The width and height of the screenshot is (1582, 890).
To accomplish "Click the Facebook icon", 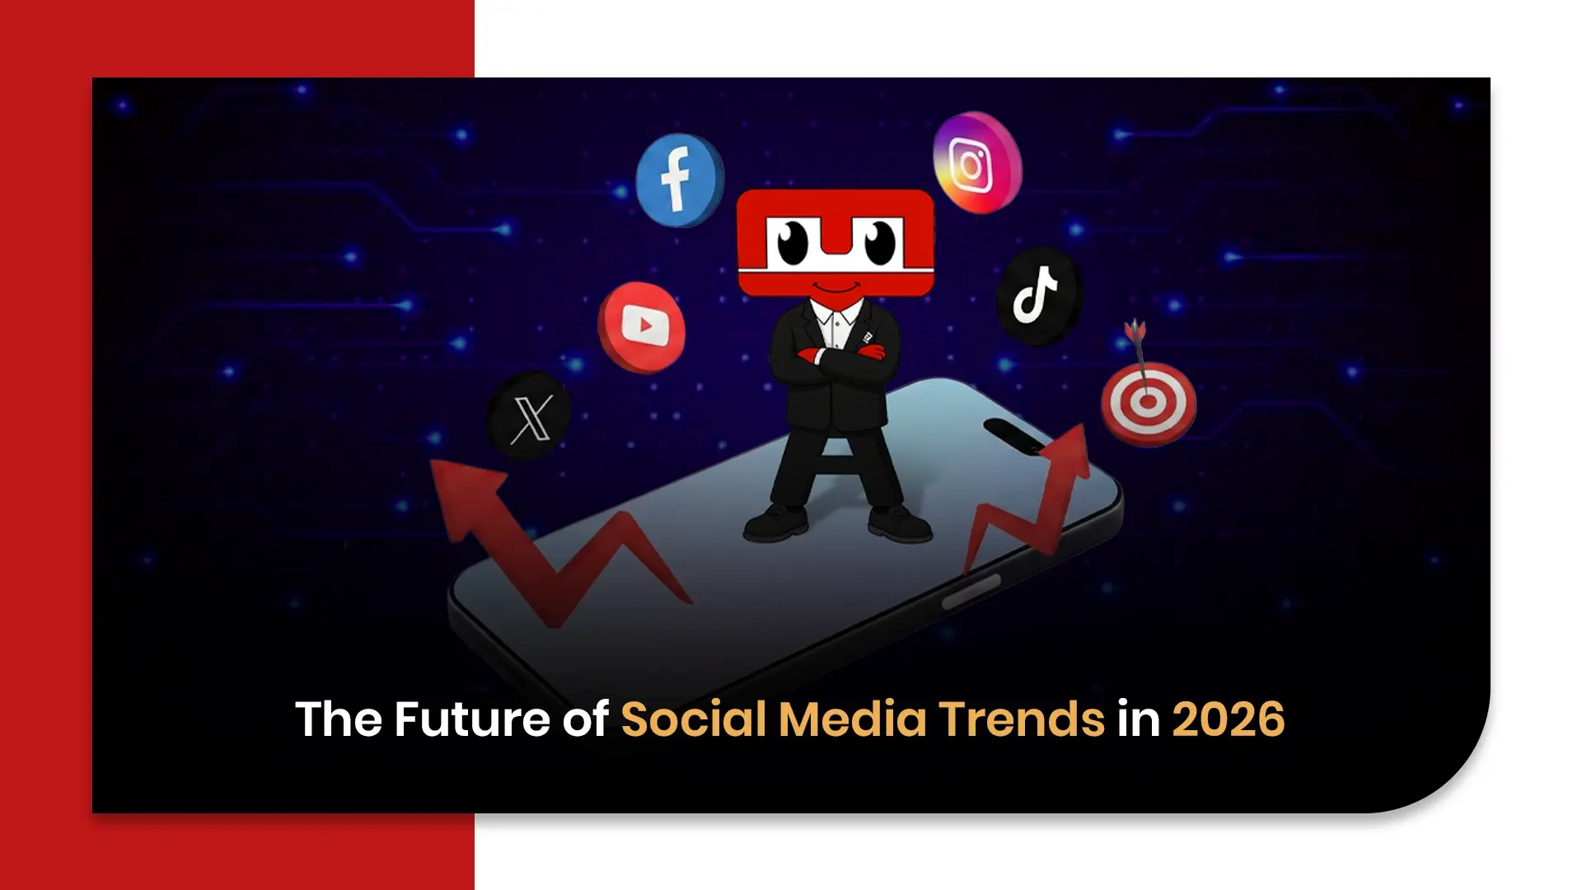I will [x=679, y=180].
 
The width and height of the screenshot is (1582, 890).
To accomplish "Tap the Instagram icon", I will [x=976, y=162].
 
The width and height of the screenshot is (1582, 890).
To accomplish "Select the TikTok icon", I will [x=1037, y=296].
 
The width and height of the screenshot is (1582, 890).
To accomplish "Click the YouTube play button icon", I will [x=642, y=326].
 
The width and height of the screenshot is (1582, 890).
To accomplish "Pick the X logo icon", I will [x=529, y=416].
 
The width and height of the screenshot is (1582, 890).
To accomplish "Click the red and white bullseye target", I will [x=1148, y=403].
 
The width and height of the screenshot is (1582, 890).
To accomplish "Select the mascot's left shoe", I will [x=775, y=522].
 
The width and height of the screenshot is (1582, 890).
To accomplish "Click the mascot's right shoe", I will [x=900, y=522].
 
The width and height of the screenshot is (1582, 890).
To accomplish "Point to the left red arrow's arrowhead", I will [x=466, y=489].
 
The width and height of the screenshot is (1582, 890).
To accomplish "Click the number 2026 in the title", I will [x=1228, y=719].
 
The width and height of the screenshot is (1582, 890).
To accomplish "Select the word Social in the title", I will [x=694, y=719].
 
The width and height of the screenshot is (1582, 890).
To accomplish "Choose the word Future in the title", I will [x=471, y=719].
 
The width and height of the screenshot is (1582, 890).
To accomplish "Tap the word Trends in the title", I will [x=1022, y=719].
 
